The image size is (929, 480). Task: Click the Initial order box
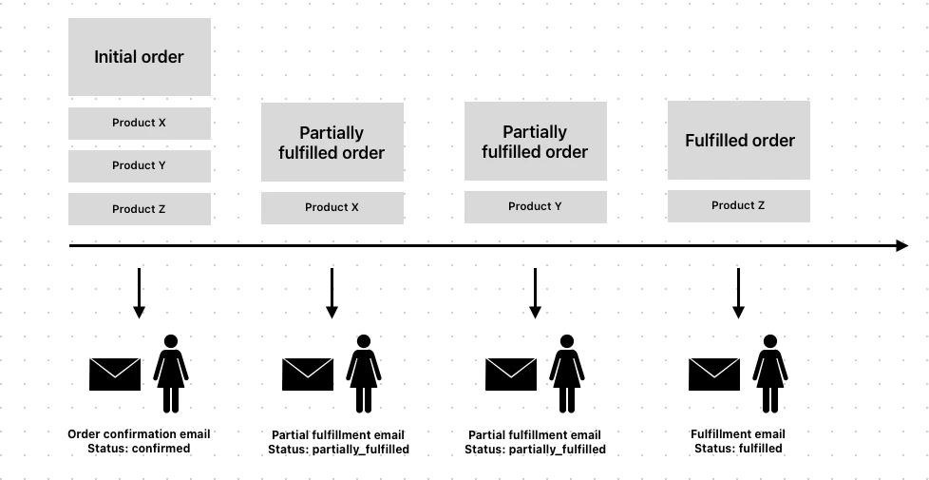pos(139,57)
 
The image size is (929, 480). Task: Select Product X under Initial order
pos(139,123)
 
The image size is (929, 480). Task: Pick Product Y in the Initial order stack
pos(139,165)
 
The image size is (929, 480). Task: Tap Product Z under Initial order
pos(139,209)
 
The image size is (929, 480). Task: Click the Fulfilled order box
pos(739,141)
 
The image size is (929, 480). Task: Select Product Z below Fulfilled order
pos(738,205)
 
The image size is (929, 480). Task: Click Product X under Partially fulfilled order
pos(332,207)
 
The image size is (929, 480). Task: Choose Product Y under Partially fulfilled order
pos(535,206)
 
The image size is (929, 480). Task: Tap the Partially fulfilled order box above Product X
pos(332,143)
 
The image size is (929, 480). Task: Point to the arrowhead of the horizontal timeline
pos(901,246)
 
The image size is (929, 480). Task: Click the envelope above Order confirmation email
pos(115,374)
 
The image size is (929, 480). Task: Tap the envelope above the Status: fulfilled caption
pos(713,374)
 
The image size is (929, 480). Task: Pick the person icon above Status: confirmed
pos(171,373)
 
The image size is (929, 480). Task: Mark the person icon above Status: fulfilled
pos(770,373)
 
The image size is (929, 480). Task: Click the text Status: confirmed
pos(139,449)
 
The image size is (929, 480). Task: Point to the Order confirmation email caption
pos(139,434)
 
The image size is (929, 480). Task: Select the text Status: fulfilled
pos(738,449)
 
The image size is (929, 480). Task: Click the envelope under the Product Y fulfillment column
pos(511,374)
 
